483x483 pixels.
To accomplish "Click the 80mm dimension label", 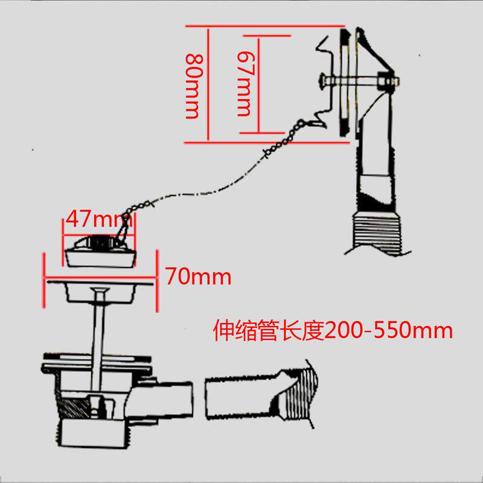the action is click(x=193, y=84).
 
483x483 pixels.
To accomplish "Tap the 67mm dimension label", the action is click(x=245, y=83).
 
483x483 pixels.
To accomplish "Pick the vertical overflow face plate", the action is click(x=344, y=82).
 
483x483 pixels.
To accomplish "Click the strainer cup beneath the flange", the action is click(x=100, y=293).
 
